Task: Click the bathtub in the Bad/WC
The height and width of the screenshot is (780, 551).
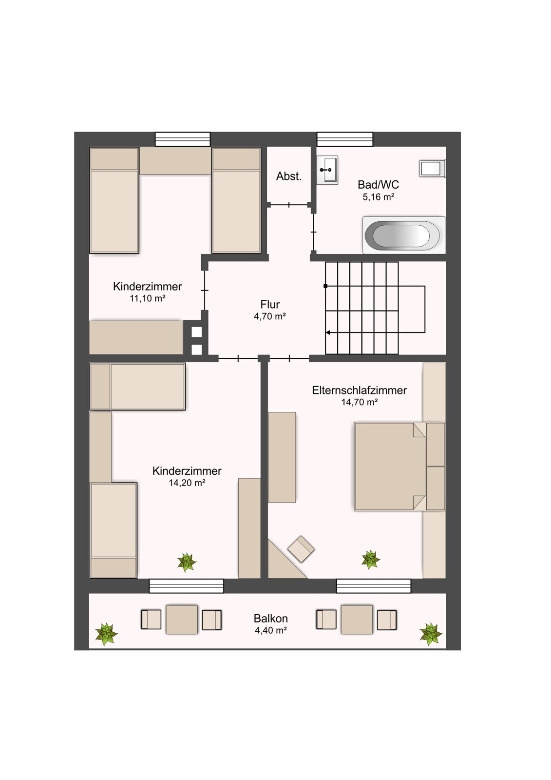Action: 404,235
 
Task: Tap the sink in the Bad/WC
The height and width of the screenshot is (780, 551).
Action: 327,170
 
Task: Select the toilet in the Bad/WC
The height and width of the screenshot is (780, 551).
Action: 433,169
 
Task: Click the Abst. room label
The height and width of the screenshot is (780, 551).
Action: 288,176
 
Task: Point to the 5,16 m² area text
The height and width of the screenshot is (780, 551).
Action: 379,197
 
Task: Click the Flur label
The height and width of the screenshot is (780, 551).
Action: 270,304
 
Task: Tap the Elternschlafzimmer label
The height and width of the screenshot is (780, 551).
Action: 359,390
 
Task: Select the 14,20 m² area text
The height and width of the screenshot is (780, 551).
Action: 187,483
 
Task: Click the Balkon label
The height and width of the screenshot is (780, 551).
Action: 271,619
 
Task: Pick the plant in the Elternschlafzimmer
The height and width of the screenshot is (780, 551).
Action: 370,560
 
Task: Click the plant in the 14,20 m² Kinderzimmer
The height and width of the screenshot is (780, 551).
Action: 187,563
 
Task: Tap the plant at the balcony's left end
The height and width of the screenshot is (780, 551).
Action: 107,634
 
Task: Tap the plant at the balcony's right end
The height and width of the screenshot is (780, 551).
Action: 431,634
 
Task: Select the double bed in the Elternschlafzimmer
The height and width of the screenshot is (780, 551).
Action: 390,467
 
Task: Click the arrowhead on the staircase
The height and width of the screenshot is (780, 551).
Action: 328,332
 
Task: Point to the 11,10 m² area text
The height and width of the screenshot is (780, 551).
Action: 148,298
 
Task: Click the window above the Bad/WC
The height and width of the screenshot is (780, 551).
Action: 344,139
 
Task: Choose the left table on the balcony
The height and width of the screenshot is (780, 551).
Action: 182,620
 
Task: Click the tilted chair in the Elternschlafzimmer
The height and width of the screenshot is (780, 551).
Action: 301,549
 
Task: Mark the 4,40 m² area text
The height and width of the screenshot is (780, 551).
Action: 271,630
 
